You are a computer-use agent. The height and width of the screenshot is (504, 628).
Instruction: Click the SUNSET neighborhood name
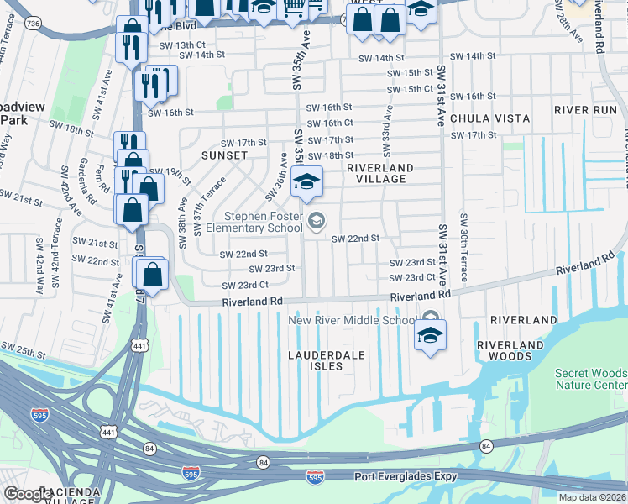224,155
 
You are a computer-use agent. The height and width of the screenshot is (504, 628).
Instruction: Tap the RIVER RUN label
585,110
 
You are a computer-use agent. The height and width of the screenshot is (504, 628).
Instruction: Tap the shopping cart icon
293,8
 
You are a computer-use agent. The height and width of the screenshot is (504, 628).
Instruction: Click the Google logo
28,494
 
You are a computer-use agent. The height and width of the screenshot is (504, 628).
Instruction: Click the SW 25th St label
21,348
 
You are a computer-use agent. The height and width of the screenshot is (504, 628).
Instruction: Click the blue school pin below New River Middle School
429,336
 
